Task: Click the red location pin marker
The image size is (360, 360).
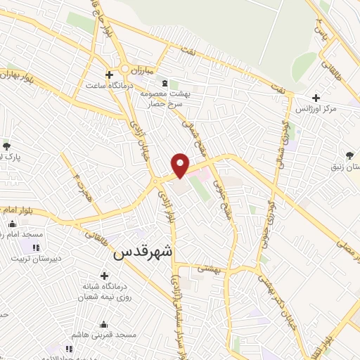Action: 181,165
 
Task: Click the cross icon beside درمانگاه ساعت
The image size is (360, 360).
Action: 109,75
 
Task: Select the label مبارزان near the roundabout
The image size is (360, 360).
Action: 140,70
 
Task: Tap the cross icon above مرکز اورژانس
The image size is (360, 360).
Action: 316,98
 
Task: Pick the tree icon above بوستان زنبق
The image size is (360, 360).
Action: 350,155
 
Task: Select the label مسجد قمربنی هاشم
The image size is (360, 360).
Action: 105,335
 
